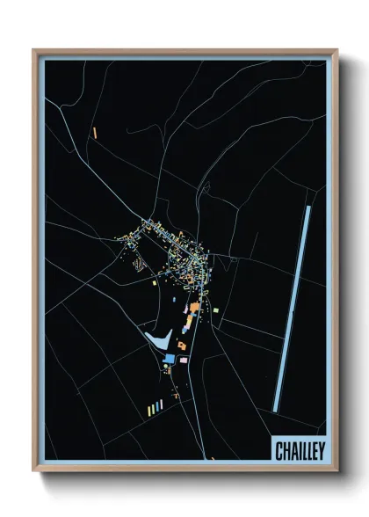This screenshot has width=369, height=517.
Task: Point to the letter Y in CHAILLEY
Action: (x=322, y=450)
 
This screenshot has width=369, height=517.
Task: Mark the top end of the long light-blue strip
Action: (x=308, y=208)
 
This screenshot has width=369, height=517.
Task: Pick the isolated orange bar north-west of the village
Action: (x=94, y=133)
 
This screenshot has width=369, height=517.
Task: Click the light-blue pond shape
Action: (x=157, y=339)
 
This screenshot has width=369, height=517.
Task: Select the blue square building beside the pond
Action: (x=169, y=359)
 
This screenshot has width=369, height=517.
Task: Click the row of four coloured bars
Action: (x=155, y=407)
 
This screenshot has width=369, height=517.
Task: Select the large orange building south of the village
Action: (x=194, y=307)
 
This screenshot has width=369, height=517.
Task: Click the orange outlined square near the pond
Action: (x=181, y=346)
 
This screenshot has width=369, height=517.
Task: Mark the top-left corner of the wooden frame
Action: (x=34, y=50)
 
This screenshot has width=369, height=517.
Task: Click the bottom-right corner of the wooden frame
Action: (x=337, y=471)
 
